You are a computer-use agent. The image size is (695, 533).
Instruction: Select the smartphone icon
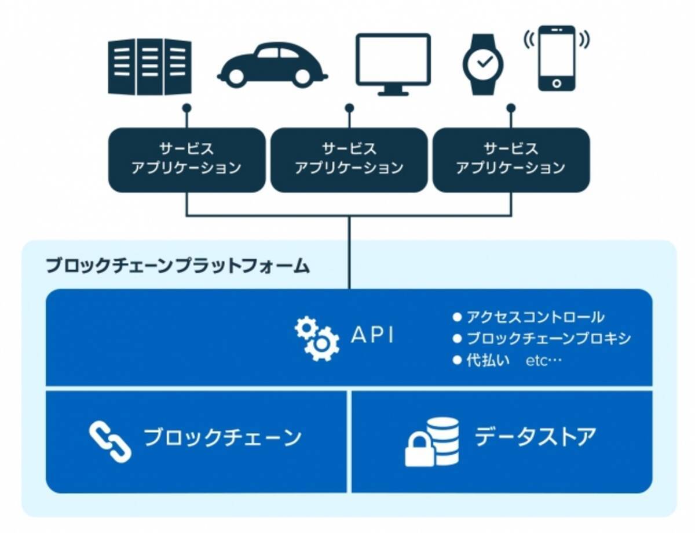(557, 58)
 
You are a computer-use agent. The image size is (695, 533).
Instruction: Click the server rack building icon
(149, 66)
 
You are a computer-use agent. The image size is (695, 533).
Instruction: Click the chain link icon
(110, 440)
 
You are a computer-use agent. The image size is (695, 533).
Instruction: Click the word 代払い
(488, 360)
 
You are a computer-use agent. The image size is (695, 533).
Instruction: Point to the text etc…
(544, 361)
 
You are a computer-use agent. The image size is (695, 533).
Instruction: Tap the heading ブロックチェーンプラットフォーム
(178, 266)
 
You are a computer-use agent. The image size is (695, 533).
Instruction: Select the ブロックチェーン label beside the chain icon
(222, 437)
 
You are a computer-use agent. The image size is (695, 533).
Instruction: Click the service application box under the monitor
(349, 159)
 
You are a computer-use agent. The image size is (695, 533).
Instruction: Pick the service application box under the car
(186, 159)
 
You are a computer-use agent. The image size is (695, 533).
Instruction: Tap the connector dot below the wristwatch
(511, 108)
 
